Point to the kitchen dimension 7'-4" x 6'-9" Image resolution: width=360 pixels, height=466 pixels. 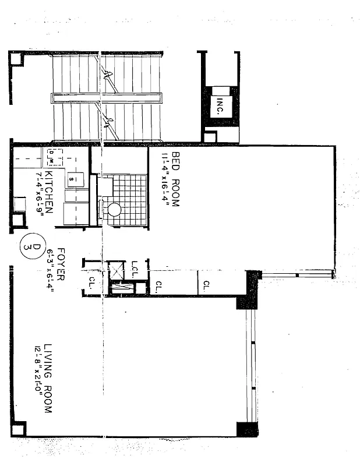[x=39, y=192]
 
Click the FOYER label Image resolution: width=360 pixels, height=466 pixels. [x=60, y=265]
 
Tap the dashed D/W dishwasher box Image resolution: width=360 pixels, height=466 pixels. [x=51, y=157]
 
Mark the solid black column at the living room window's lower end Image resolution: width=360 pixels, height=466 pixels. [x=247, y=429]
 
